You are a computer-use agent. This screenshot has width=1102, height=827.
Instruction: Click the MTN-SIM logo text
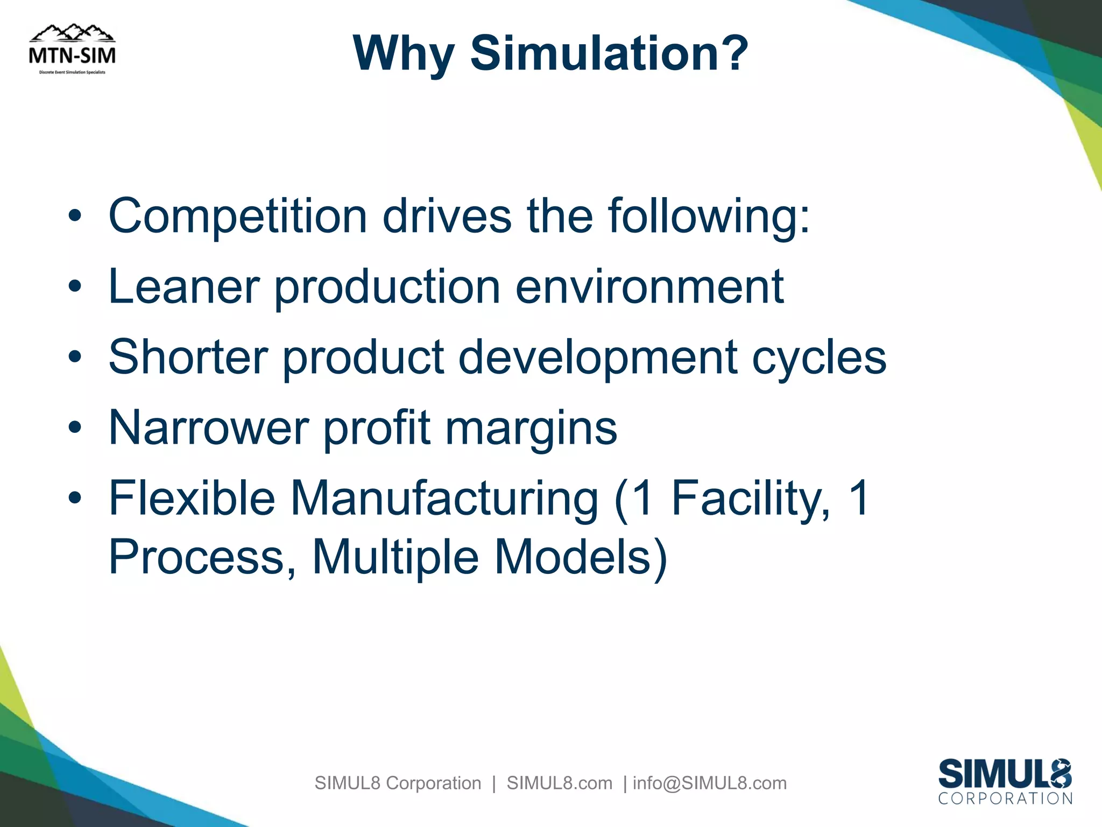click(x=72, y=55)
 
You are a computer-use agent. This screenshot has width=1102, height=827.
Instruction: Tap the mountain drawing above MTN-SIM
click(x=72, y=33)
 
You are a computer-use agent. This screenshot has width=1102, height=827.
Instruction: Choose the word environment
click(x=649, y=286)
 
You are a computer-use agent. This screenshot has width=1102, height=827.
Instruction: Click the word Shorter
click(x=188, y=357)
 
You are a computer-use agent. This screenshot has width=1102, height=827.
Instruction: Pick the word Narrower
click(x=209, y=427)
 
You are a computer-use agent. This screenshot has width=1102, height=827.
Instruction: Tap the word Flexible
click(x=192, y=498)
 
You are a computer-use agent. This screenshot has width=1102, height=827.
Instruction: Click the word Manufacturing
click(x=444, y=499)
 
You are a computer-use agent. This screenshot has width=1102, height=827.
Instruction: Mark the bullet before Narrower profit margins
click(x=75, y=428)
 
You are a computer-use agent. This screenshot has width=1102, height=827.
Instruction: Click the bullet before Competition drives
click(x=75, y=216)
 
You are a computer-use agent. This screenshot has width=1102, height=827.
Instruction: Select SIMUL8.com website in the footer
click(x=560, y=783)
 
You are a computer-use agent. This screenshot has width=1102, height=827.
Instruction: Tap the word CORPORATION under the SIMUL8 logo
click(x=1005, y=798)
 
